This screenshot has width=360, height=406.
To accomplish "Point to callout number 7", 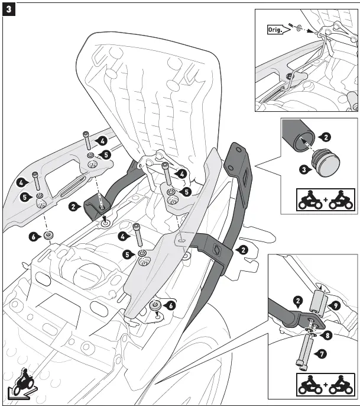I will [x=321, y=353].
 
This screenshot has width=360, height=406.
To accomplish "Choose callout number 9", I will [x=335, y=307].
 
